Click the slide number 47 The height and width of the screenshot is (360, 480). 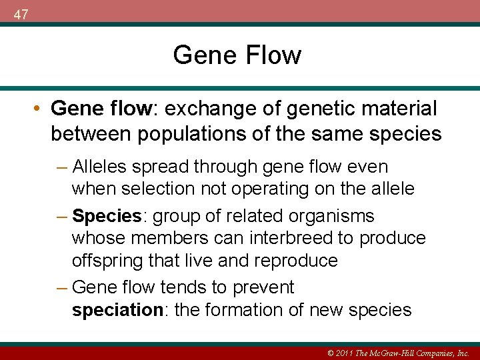click(21, 15)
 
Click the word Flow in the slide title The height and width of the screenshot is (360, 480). click(273, 55)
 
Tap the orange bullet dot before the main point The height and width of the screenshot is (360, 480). click(39, 109)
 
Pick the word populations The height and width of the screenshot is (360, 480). click(181, 134)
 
